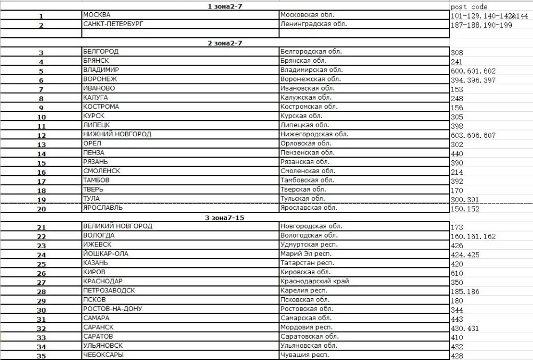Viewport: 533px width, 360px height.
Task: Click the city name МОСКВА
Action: coord(96,15)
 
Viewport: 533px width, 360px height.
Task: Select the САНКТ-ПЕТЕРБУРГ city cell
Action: coord(114,24)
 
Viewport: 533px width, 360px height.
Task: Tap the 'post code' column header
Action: coord(469,7)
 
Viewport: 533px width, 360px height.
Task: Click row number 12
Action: coord(41,135)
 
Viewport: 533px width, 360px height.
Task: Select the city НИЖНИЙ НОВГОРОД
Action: coord(117,134)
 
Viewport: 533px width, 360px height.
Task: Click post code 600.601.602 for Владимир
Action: coord(473,71)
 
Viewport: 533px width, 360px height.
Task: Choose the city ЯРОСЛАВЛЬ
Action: coord(103,208)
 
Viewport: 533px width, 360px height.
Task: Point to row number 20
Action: coord(41,209)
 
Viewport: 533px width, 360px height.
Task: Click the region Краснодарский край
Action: coord(314,281)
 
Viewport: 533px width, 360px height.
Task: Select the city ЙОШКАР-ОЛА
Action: coord(106,253)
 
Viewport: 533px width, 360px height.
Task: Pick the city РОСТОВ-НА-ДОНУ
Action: coord(112,309)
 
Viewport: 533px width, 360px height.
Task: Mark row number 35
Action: coord(41,356)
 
